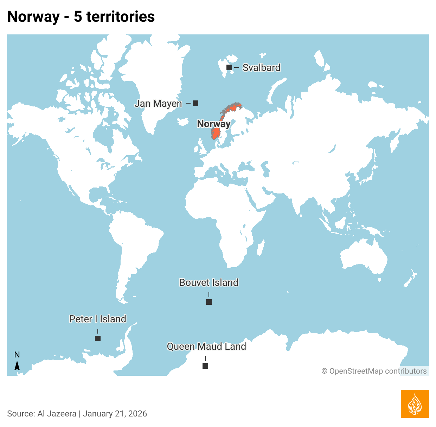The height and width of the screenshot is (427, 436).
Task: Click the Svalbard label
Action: (x=261, y=67)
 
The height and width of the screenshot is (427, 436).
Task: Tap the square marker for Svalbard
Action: (x=229, y=67)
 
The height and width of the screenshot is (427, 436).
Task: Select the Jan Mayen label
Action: (x=158, y=104)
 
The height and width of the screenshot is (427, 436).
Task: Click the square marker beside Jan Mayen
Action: (x=196, y=103)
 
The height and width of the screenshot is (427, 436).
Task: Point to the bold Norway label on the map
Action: (x=213, y=124)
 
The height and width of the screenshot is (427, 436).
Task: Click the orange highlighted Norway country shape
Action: (x=216, y=133)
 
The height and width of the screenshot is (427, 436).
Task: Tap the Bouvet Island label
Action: (x=209, y=282)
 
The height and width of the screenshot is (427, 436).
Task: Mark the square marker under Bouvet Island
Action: (x=209, y=302)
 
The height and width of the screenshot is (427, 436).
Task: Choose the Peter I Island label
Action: (x=98, y=319)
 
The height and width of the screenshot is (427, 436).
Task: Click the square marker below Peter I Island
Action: (x=98, y=339)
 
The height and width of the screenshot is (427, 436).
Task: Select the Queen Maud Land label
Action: (x=206, y=346)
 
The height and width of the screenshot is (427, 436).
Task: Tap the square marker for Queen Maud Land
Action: (x=205, y=366)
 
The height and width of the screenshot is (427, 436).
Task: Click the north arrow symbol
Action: (x=17, y=366)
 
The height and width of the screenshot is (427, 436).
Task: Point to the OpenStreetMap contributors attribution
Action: (x=374, y=371)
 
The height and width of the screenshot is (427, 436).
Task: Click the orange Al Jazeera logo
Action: (x=415, y=404)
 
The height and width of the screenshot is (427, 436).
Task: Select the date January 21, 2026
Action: (x=115, y=414)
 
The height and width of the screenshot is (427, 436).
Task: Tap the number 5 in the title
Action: (x=78, y=17)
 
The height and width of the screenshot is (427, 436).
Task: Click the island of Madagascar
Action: (x=261, y=248)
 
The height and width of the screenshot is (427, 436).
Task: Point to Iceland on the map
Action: (x=183, y=122)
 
